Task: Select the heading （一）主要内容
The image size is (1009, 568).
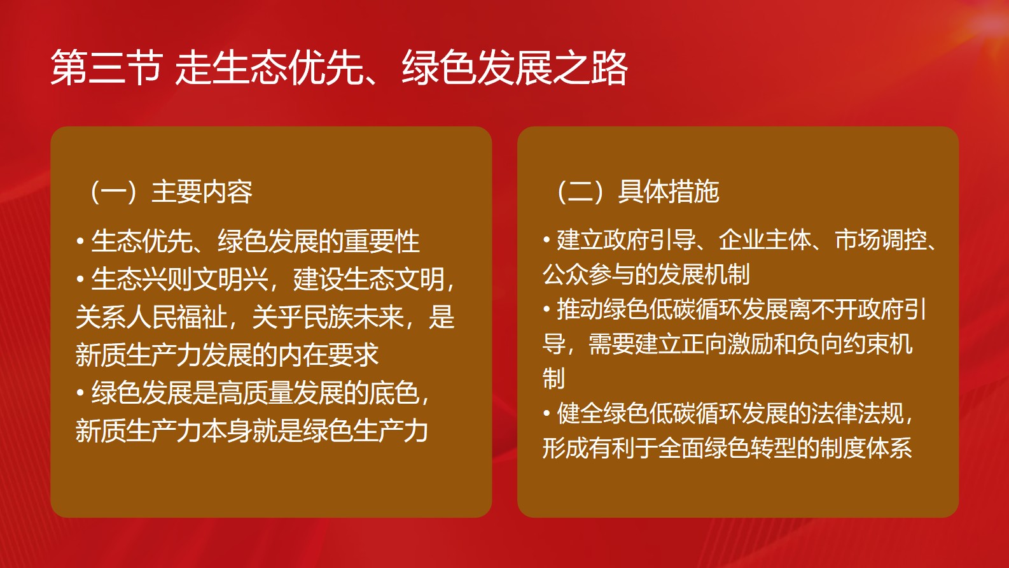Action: (169, 191)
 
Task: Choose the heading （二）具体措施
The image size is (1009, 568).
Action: (636, 191)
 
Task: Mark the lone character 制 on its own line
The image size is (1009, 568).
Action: (553, 378)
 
